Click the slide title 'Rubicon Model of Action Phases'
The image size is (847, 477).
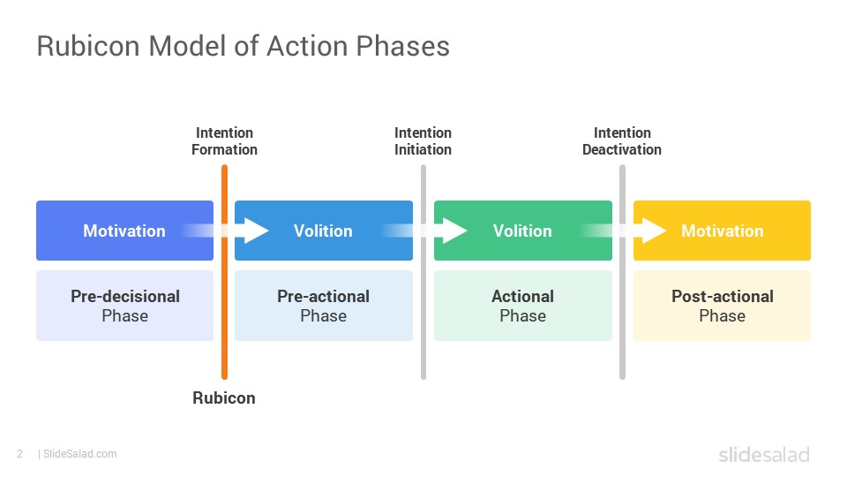(244, 46)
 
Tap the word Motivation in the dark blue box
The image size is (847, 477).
(124, 231)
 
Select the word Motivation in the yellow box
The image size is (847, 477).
(723, 231)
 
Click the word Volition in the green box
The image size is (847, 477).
(522, 231)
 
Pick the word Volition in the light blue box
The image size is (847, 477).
(323, 231)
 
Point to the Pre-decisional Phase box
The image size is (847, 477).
(124, 306)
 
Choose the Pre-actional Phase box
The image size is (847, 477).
(324, 306)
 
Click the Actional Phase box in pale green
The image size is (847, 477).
(523, 306)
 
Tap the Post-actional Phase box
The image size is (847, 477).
(723, 306)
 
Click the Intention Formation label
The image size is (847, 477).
(224, 141)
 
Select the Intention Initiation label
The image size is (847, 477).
(423, 141)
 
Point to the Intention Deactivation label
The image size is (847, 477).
(622, 141)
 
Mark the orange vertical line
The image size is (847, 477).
(225, 272)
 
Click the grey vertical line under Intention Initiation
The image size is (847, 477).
(423, 272)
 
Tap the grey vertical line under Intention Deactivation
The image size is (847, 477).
(622, 272)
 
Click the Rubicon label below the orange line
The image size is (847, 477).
(224, 398)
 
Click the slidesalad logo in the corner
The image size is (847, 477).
(764, 454)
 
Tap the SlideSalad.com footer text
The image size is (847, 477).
(78, 454)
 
